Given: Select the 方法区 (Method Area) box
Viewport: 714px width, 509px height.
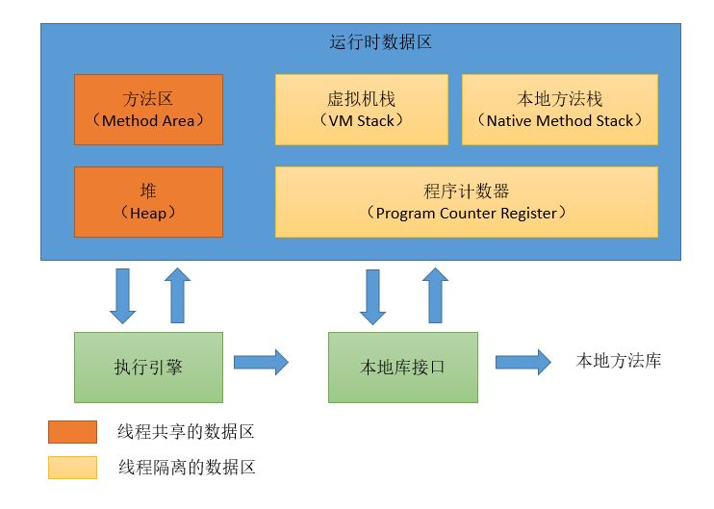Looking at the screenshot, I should tap(148, 110).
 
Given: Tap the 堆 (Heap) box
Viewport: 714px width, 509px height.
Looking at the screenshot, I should tap(148, 201).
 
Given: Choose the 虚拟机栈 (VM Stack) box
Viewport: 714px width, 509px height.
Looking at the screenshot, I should tap(361, 110).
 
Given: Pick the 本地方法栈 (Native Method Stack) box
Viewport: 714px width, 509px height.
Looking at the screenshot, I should tap(560, 110).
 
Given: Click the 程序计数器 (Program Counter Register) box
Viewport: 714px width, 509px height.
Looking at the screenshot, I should tap(466, 201).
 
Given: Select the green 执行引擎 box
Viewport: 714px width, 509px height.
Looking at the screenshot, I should tap(148, 367).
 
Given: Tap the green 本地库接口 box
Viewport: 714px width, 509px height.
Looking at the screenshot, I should tap(402, 367).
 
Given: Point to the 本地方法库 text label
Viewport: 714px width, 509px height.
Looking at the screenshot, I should tap(618, 362).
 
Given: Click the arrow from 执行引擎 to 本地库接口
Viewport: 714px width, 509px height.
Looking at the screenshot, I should tap(260, 362).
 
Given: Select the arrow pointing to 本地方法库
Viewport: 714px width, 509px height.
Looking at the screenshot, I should tap(523, 362).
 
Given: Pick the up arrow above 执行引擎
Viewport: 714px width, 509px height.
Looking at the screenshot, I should tap(177, 294).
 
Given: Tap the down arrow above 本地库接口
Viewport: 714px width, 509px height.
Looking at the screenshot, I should tap(373, 294).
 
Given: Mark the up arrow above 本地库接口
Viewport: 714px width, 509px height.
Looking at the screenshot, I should tap(435, 294).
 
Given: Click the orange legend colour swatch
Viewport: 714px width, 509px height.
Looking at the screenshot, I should tap(72, 432).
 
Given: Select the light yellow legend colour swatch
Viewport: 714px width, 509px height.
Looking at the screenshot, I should tap(72, 468).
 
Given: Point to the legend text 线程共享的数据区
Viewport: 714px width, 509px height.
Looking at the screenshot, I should tap(187, 432).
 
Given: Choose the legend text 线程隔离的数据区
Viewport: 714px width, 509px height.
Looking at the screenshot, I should tap(187, 468).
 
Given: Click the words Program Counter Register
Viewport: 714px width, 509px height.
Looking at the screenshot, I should tap(466, 213).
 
